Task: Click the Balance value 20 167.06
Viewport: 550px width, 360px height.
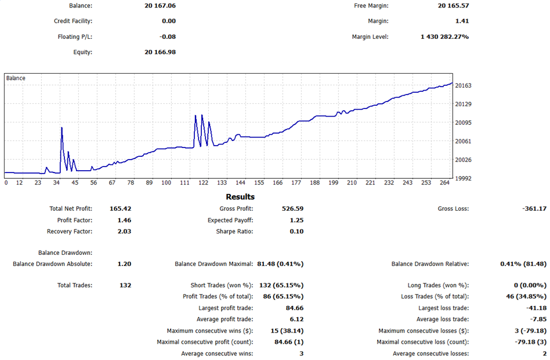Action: point(160,6)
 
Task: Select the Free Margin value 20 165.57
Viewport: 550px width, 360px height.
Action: point(454,6)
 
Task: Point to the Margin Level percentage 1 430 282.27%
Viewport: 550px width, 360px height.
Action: point(444,37)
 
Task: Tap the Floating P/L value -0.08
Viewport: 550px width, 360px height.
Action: point(168,37)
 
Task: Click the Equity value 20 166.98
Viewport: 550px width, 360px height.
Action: point(160,52)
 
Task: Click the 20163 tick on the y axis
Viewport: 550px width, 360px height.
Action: point(464,86)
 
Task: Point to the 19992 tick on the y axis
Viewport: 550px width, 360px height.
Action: point(464,178)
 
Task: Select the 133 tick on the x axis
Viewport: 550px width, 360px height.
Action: point(222,183)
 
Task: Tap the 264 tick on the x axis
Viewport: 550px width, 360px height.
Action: point(444,183)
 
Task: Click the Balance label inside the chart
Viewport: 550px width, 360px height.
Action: point(16,78)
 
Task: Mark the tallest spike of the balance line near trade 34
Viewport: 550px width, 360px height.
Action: point(61,128)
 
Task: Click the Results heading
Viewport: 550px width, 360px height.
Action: point(240,197)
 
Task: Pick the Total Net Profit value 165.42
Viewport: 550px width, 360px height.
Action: point(120,208)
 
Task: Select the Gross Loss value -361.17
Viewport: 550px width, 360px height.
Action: point(533,208)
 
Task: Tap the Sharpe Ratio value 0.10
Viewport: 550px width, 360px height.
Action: point(296,232)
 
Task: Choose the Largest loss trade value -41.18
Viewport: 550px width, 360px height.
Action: point(535,308)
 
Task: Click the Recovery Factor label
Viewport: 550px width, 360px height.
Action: point(69,232)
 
